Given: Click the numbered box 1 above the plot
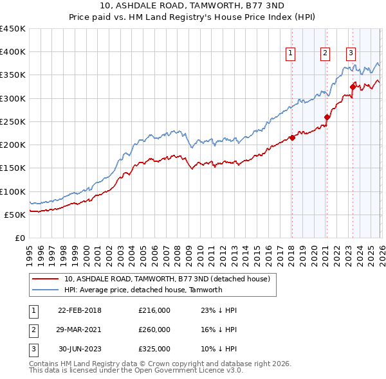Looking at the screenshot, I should click(x=291, y=53).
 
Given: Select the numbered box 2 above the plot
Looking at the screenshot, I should click(x=326, y=53).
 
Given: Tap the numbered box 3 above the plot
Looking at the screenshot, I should click(x=351, y=53).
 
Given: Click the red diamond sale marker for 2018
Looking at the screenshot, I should click(x=291, y=137).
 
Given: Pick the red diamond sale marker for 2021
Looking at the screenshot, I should click(x=327, y=117).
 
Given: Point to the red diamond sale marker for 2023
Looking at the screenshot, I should click(x=353, y=87).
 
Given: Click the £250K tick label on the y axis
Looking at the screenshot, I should click(x=12, y=121).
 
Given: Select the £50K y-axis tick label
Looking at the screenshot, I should click(x=15, y=215).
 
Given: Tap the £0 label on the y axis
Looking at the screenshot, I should click(x=20, y=238).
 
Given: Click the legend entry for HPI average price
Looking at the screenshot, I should click(x=143, y=290).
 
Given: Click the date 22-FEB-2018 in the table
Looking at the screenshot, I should click(x=80, y=310).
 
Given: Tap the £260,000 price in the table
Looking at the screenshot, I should click(x=154, y=330).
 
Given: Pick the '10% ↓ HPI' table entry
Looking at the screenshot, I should click(x=219, y=349).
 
